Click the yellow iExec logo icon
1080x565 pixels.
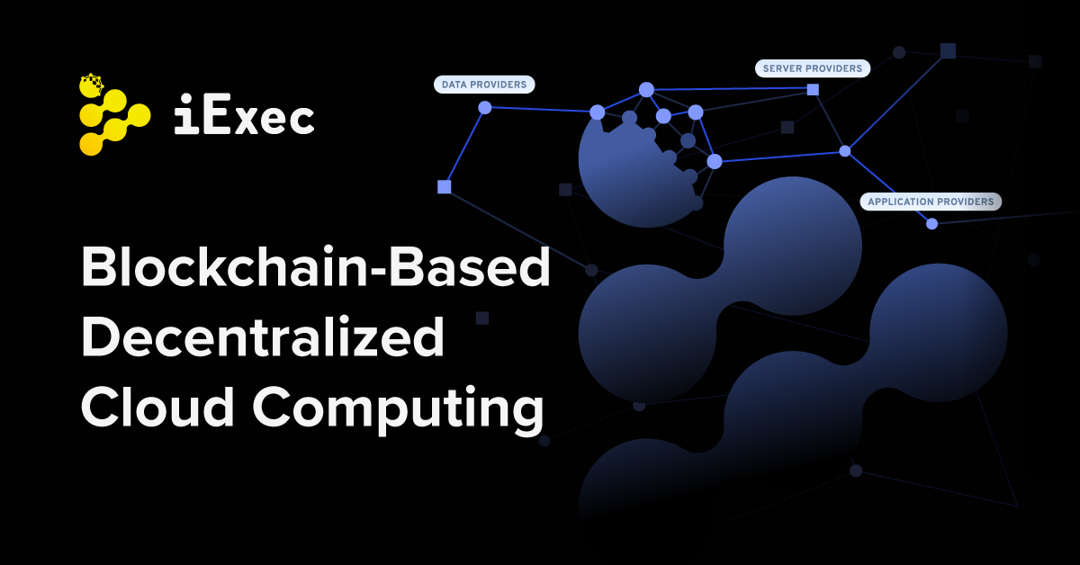[x=113, y=116]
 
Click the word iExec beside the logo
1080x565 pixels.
[x=244, y=118]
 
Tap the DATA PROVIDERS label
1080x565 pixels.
[x=484, y=85]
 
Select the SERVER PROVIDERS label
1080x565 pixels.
[x=813, y=68]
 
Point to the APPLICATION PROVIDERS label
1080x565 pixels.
[x=931, y=202]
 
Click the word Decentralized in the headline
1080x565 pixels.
[x=263, y=338]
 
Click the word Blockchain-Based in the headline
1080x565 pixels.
[x=315, y=269]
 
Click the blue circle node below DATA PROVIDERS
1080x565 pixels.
[x=485, y=108]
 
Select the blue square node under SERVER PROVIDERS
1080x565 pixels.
[x=813, y=90]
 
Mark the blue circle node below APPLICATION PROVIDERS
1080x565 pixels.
[x=931, y=223]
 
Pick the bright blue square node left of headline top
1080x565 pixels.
[x=444, y=187]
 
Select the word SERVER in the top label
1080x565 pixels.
[x=782, y=68]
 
